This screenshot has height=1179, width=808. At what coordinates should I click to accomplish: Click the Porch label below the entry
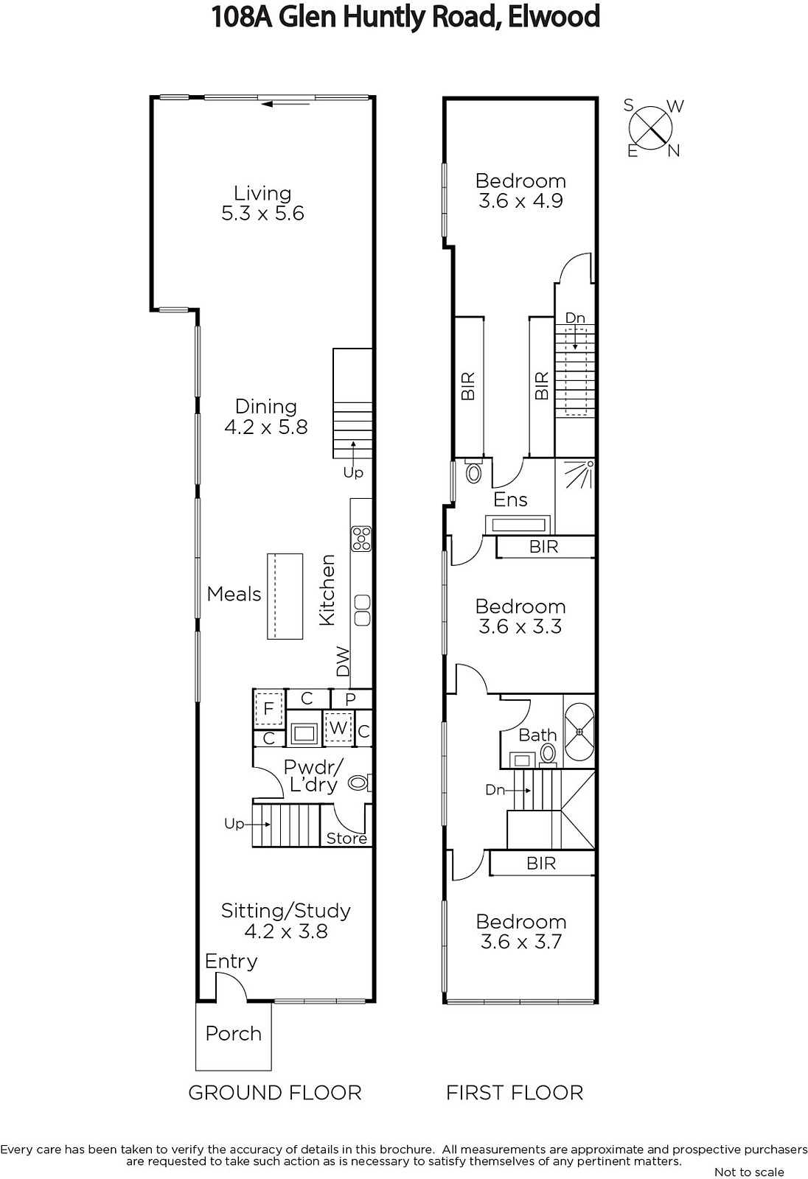(234, 1033)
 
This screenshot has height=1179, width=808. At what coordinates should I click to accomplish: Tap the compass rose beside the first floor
(651, 128)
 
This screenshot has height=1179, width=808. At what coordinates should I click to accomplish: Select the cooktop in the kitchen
(362, 539)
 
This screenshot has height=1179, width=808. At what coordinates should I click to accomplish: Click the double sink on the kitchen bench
(363, 610)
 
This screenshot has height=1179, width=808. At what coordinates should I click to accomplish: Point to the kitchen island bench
(285, 596)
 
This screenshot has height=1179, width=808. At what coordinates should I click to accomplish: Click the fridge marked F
(269, 708)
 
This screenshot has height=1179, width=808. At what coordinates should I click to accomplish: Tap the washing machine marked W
(338, 728)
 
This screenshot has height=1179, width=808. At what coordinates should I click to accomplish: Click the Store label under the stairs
(346, 838)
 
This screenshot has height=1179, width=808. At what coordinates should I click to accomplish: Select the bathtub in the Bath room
(579, 732)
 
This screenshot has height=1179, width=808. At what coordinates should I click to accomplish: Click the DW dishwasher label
(343, 661)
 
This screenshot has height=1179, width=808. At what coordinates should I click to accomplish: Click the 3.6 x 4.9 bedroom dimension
(521, 200)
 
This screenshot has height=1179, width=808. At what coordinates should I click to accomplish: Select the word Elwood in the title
(554, 16)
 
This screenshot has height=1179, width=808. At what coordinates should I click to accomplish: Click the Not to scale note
(749, 1172)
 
